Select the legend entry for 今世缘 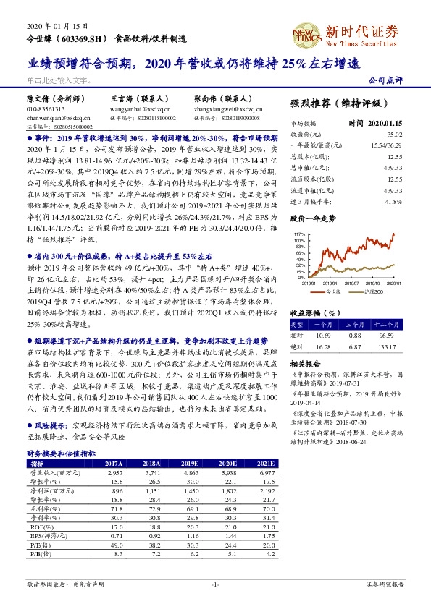[332, 291]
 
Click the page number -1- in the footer [214, 583]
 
